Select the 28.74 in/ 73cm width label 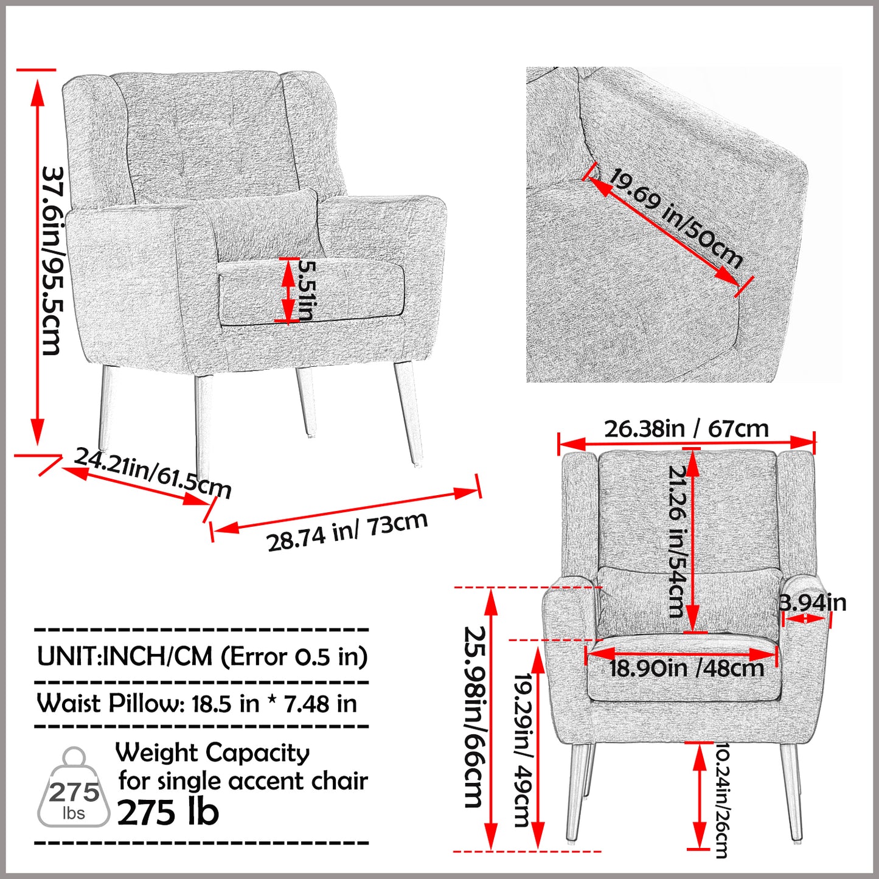[x=347, y=532]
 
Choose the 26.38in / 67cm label [x=686, y=429]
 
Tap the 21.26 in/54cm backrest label [x=676, y=541]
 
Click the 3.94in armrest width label [x=813, y=602]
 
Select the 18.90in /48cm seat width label [x=686, y=669]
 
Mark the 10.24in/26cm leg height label [x=721, y=799]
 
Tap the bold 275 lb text [x=168, y=812]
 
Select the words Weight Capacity [x=213, y=752]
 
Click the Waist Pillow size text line [x=197, y=704]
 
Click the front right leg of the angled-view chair [x=408, y=414]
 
